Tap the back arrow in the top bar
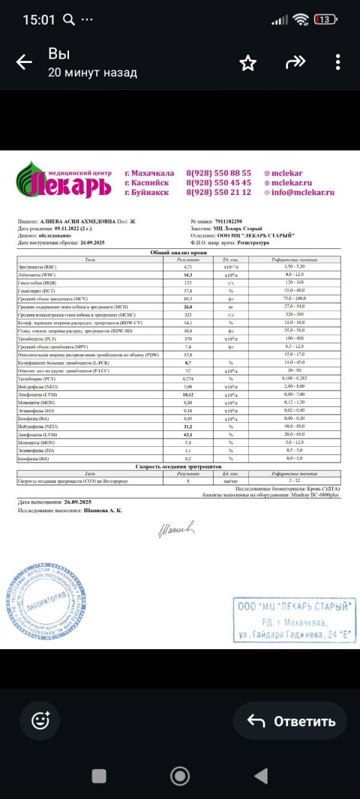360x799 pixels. coord(24,62)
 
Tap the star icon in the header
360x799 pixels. coord(248,64)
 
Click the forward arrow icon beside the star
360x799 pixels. coord(295,62)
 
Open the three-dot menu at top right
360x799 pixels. coord(338,62)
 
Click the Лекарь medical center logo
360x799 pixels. coord(64,179)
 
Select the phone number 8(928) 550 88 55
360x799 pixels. coord(218,173)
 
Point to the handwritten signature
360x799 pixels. coord(176,529)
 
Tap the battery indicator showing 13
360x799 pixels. coord(325,20)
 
